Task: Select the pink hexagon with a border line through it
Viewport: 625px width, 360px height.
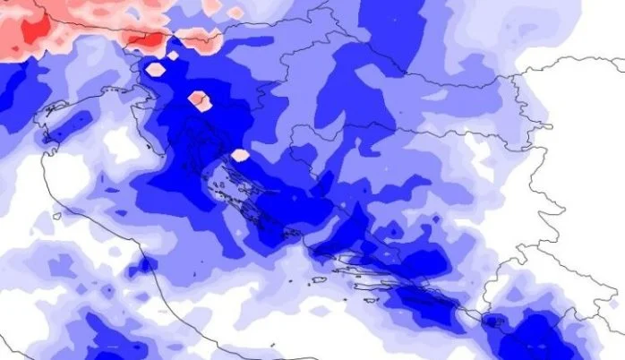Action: coord(199,99)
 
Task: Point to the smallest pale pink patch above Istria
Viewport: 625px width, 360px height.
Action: coord(173,55)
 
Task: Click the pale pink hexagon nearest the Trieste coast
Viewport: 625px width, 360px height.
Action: coord(155,68)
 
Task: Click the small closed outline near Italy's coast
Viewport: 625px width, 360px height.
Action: coord(56,216)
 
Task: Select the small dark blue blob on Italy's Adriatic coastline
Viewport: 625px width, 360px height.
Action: coord(141,266)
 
